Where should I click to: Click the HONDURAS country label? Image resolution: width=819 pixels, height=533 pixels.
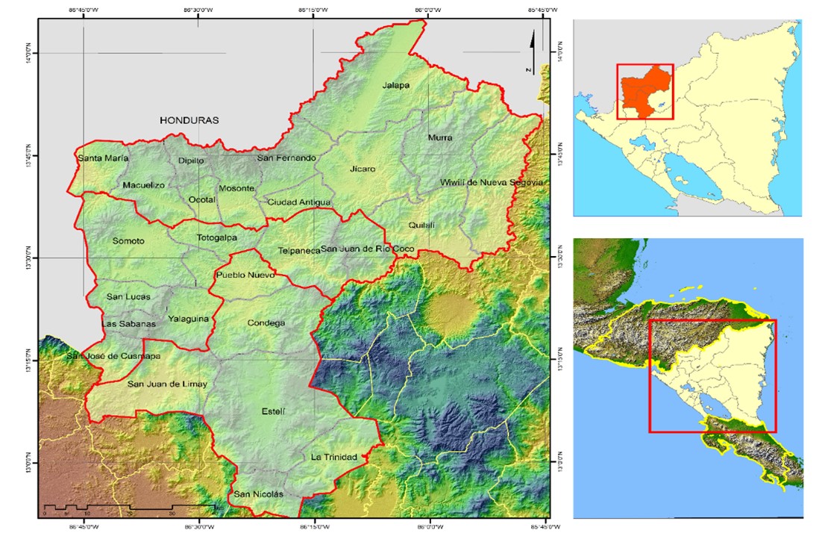[189, 120]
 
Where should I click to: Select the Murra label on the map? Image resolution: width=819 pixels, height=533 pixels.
[439, 138]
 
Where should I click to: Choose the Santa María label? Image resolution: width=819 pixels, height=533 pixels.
[103, 158]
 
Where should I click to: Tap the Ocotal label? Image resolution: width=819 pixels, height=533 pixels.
[201, 200]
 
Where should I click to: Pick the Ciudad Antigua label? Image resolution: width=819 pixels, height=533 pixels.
[298, 202]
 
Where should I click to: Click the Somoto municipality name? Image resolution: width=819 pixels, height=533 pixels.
[128, 241]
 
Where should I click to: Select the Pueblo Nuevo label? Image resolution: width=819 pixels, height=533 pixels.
[245, 275]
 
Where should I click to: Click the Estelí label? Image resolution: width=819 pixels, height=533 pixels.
[274, 412]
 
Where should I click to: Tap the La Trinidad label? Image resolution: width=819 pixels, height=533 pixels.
[334, 457]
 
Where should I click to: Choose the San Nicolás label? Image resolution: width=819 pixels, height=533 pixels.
[259, 494]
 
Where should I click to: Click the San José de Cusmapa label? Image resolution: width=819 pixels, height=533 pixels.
[113, 356]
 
